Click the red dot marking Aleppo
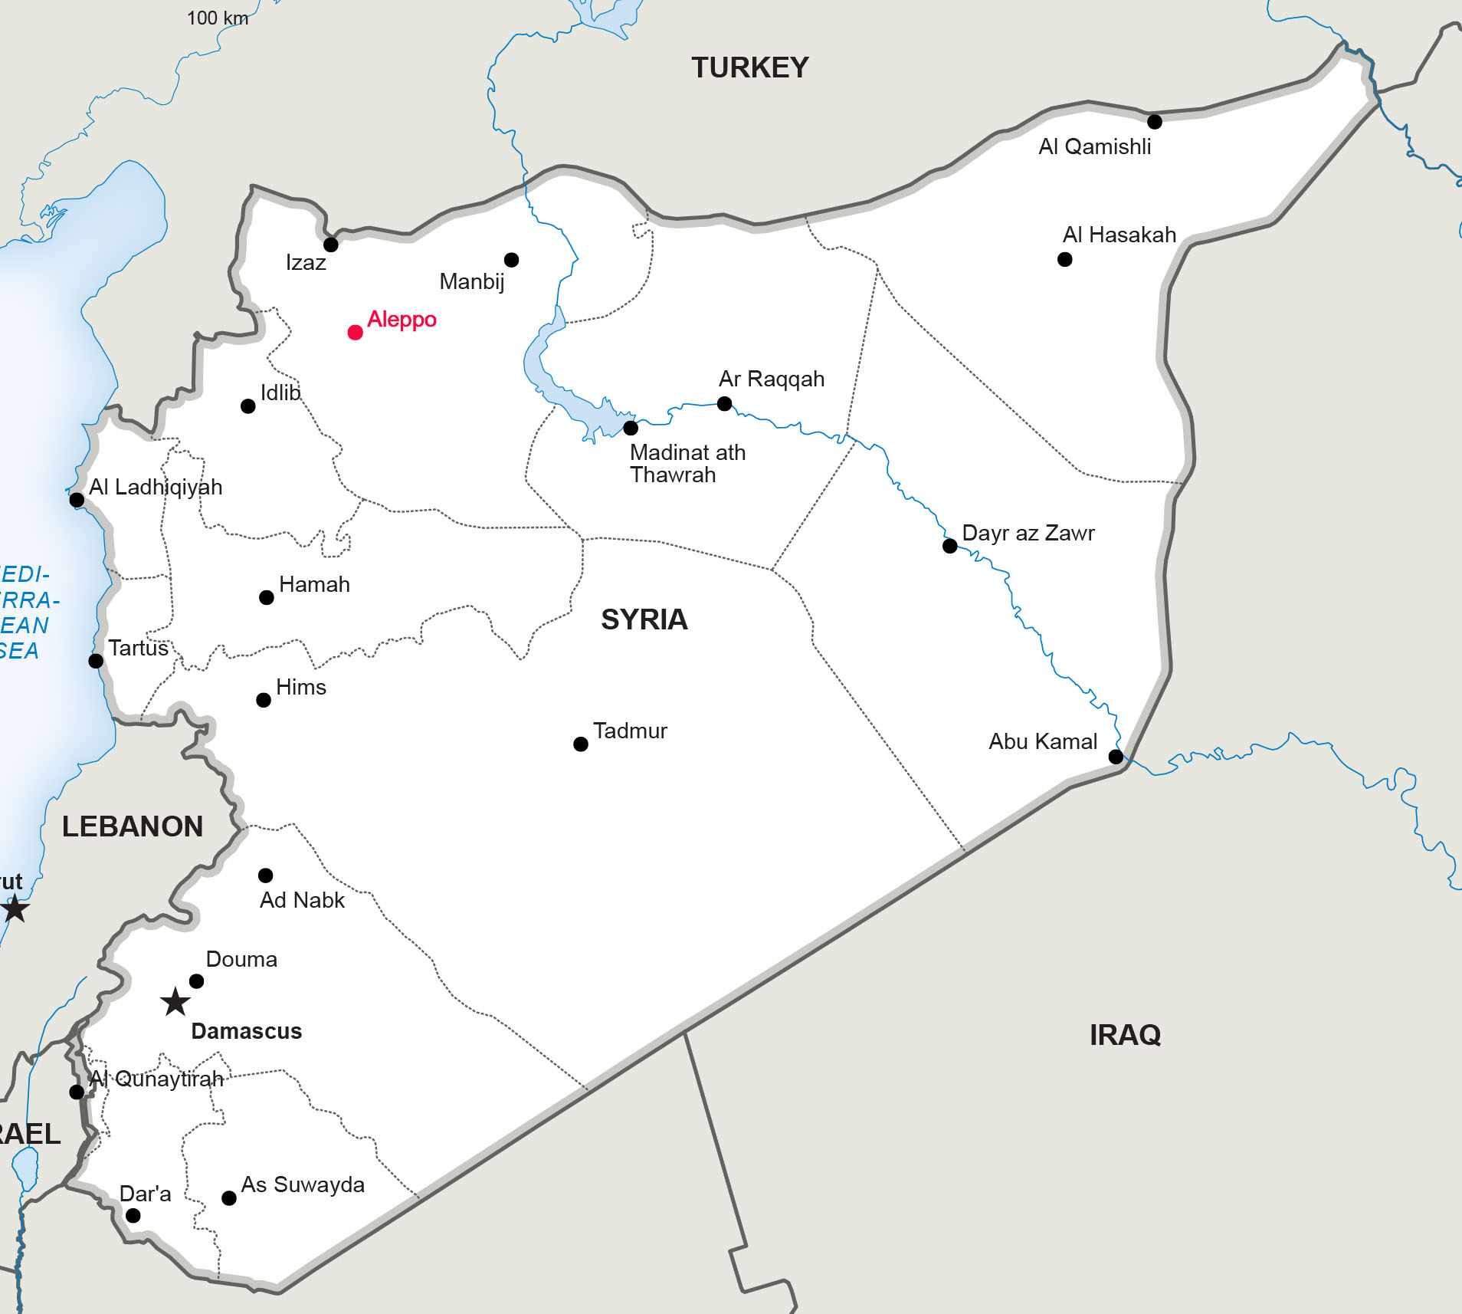[355, 332]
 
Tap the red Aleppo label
[402, 319]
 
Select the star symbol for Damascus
[175, 1001]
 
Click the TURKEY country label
[749, 67]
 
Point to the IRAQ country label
[1125, 1035]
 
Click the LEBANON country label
[133, 826]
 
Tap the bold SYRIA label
[644, 619]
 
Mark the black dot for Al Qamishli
[1154, 121]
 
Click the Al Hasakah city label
[1119, 235]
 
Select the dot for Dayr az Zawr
[949, 546]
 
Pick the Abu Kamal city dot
[1116, 757]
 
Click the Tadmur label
[630, 731]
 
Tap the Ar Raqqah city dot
[724, 403]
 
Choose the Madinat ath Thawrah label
[687, 463]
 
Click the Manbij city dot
[511, 260]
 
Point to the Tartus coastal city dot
[96, 661]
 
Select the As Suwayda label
[303, 1184]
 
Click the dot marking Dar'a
[133, 1215]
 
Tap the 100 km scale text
[218, 18]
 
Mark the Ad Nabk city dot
[265, 875]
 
